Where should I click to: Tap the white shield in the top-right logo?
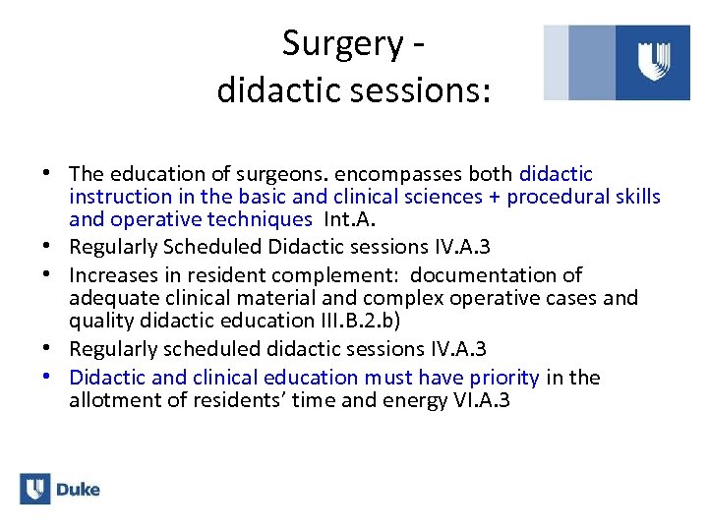(x=654, y=61)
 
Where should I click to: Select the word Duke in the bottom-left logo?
(x=78, y=490)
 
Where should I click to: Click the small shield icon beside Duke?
(x=35, y=489)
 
